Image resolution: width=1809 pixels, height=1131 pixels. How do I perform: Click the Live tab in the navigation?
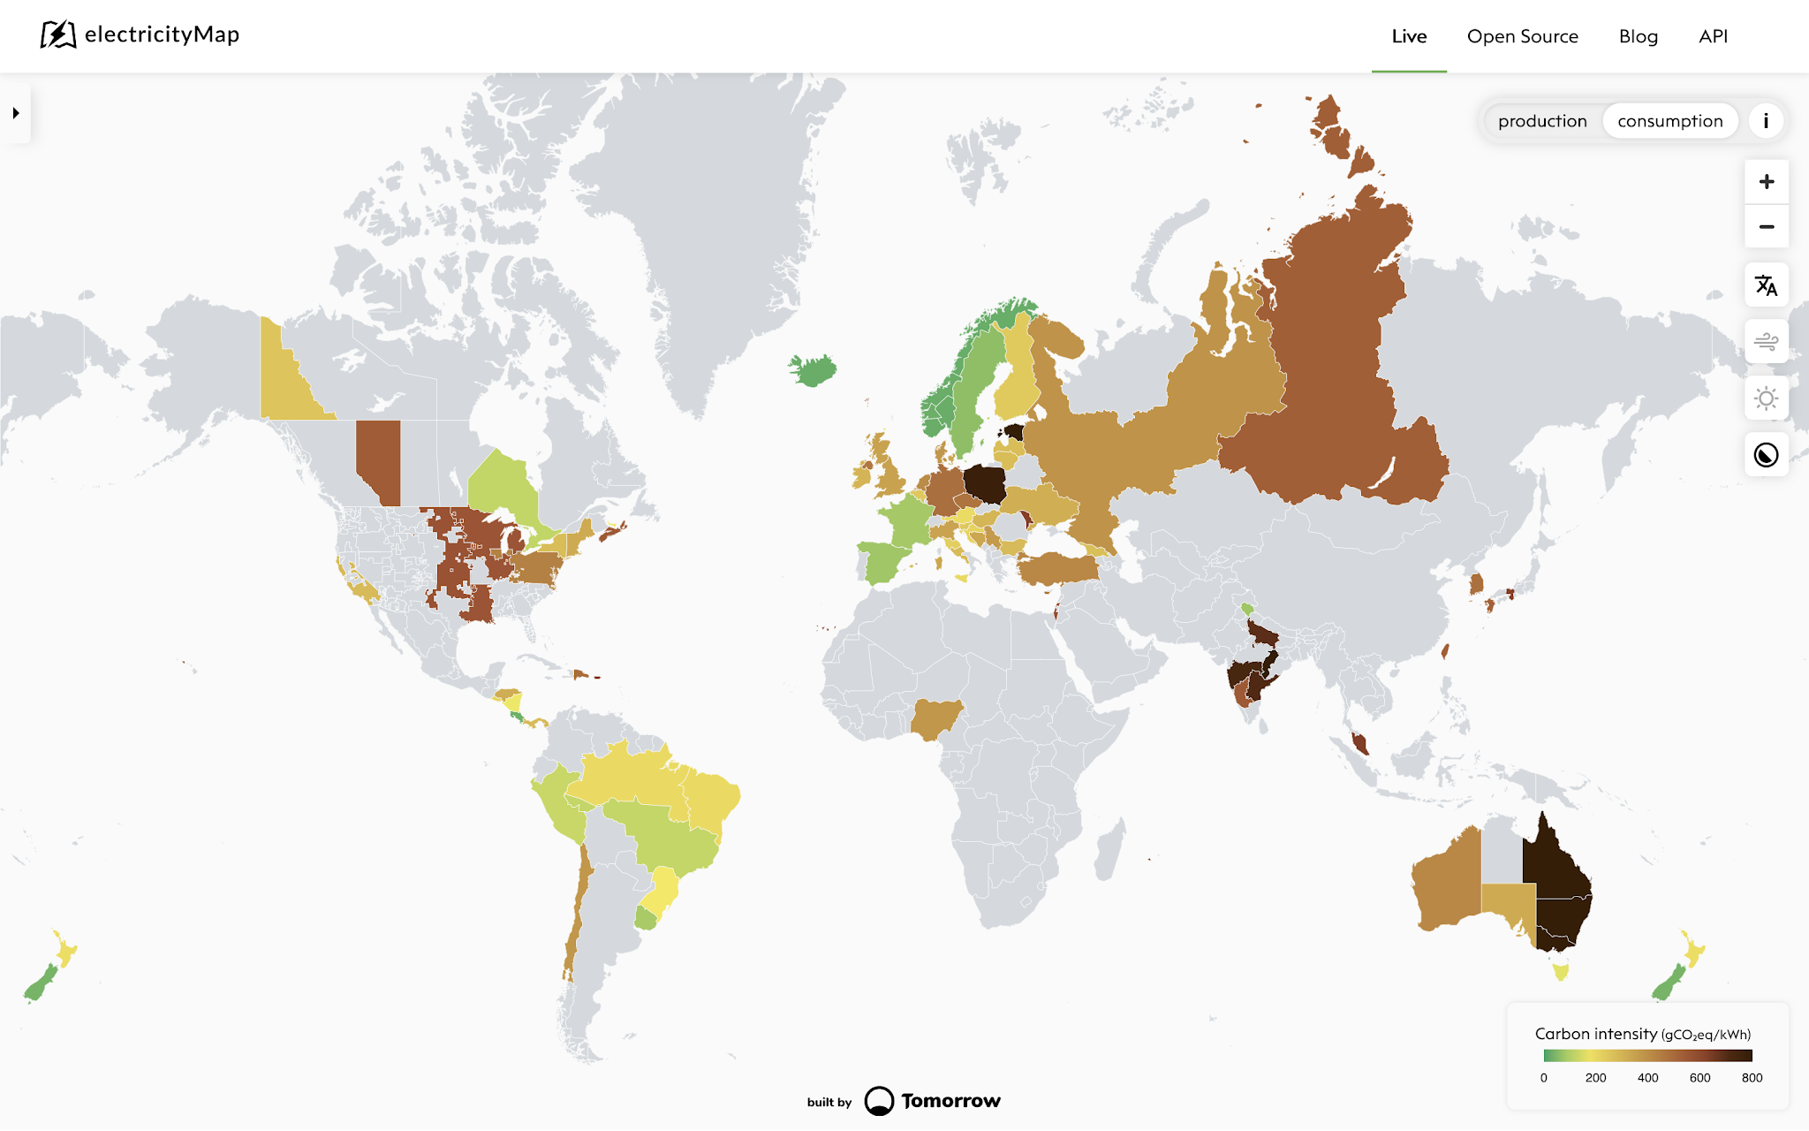[x=1409, y=36]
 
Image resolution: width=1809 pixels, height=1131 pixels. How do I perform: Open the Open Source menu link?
[x=1522, y=36]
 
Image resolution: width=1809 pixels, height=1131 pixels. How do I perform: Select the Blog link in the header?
[x=1638, y=36]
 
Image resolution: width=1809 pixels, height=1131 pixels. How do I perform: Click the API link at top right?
[x=1713, y=36]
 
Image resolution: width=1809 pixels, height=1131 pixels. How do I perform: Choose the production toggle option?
[x=1542, y=121]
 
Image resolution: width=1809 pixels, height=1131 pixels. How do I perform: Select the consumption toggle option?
[x=1669, y=121]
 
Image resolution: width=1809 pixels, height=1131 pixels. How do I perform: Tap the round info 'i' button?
[x=1766, y=121]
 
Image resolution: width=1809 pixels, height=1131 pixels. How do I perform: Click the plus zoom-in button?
[x=1766, y=182]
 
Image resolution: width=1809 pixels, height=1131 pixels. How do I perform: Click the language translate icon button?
[x=1766, y=285]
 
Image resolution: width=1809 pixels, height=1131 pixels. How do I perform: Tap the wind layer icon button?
[x=1766, y=342]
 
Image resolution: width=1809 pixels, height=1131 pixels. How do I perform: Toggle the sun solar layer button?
[x=1766, y=399]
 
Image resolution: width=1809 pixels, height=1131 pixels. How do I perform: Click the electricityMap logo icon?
[x=58, y=34]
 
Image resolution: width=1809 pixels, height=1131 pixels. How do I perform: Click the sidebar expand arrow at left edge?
[x=16, y=113]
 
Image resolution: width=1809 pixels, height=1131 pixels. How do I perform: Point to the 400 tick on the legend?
[x=1647, y=1077]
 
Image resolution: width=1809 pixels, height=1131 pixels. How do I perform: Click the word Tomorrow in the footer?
[x=950, y=1101]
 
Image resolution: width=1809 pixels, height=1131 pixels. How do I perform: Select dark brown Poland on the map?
[x=984, y=484]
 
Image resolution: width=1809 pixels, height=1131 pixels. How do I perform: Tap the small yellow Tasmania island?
[x=1561, y=971]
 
